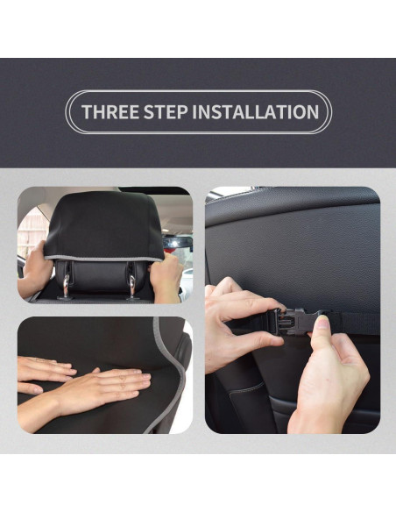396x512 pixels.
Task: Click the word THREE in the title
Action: click(108, 112)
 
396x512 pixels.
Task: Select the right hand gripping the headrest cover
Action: click(166, 276)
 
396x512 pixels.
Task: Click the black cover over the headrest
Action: click(103, 224)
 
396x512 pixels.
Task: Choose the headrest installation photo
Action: click(104, 245)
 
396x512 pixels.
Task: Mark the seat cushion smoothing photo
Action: click(104, 374)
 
